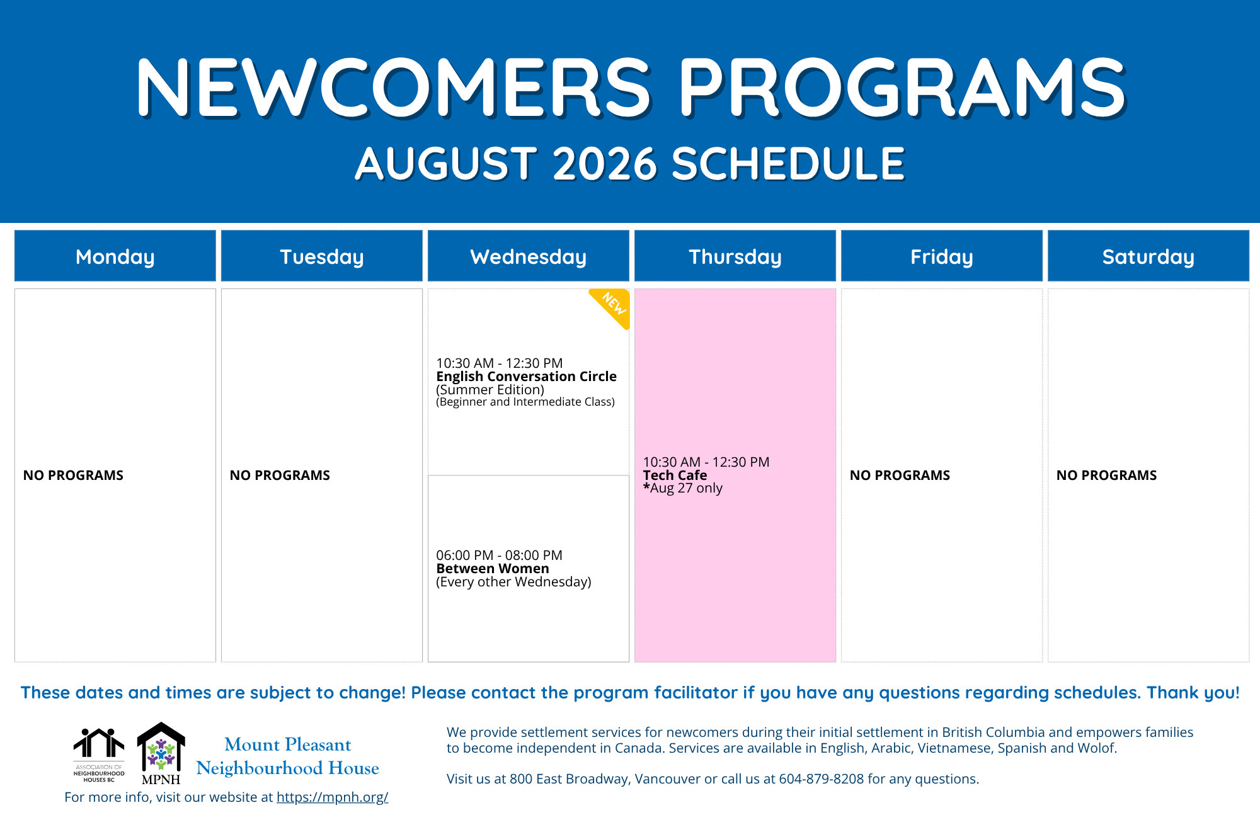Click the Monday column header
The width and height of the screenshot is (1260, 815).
coord(115,256)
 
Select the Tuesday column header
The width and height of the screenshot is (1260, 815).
coord(322,256)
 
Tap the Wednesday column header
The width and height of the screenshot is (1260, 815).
coord(529,256)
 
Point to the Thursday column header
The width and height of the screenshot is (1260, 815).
coord(735,256)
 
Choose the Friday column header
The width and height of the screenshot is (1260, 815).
coord(942,256)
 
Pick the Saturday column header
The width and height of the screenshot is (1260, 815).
coord(1148,256)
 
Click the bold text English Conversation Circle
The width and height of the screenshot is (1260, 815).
coord(527,377)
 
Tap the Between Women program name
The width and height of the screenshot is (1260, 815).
coord(493,569)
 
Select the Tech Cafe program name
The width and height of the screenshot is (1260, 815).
coord(675,476)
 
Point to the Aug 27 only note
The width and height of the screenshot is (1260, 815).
coord(683,488)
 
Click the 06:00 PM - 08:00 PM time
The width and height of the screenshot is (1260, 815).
coord(499,556)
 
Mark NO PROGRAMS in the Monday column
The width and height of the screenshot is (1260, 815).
coord(73,476)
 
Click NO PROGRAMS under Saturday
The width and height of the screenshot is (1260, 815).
coord(1107,476)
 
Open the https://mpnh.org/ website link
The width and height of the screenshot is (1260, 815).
coord(333,797)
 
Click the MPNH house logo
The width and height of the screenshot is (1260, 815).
coord(161,753)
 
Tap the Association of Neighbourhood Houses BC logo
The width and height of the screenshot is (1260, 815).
coord(99,755)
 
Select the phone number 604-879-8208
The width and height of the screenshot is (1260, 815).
coord(822,779)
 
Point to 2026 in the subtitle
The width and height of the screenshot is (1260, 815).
coord(605,164)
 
